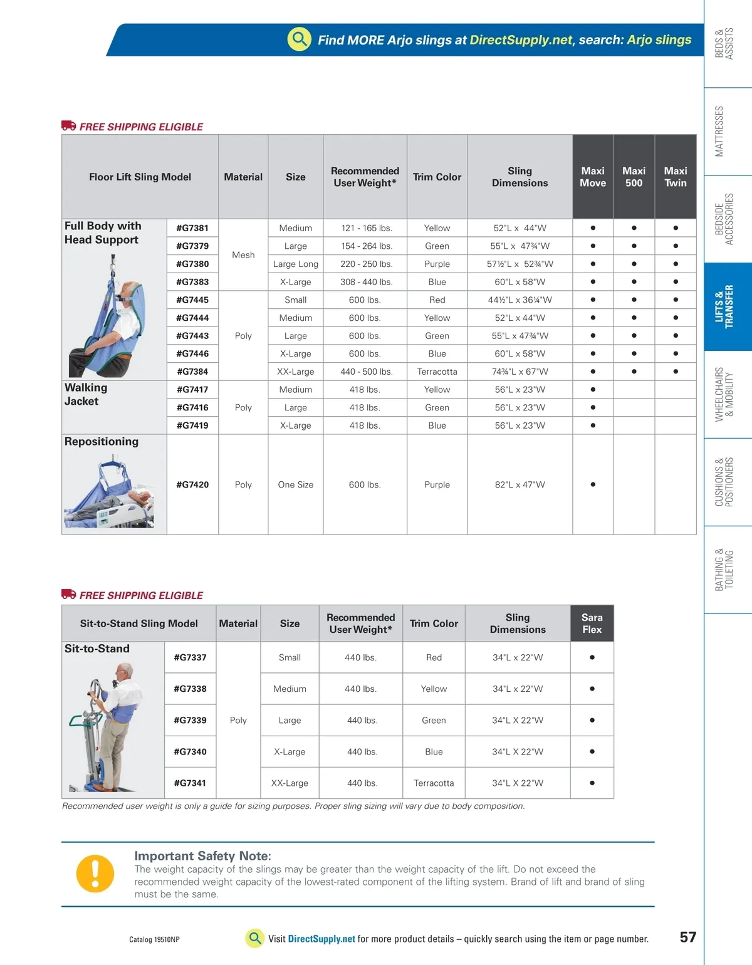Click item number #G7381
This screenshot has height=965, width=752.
(192, 228)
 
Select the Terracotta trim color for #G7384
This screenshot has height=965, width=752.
(437, 372)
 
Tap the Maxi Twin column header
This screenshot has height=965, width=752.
(675, 177)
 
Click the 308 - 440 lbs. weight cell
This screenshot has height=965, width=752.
(366, 282)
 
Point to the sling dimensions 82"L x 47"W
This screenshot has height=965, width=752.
(520, 484)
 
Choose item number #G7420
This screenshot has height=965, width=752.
(192, 484)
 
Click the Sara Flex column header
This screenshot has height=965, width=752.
(592, 623)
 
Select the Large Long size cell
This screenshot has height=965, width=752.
(295, 264)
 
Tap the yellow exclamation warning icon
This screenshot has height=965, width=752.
(95, 874)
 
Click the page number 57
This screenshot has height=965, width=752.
(687, 937)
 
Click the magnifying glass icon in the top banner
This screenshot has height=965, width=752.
(300, 39)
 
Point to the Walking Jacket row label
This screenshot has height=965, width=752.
(86, 395)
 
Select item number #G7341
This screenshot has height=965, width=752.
(190, 783)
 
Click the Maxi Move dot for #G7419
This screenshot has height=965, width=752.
(592, 425)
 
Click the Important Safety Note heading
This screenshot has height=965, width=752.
(202, 856)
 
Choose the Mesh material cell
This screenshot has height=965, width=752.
(243, 255)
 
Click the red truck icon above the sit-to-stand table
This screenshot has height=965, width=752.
(68, 594)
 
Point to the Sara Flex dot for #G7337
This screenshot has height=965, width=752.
(592, 657)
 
